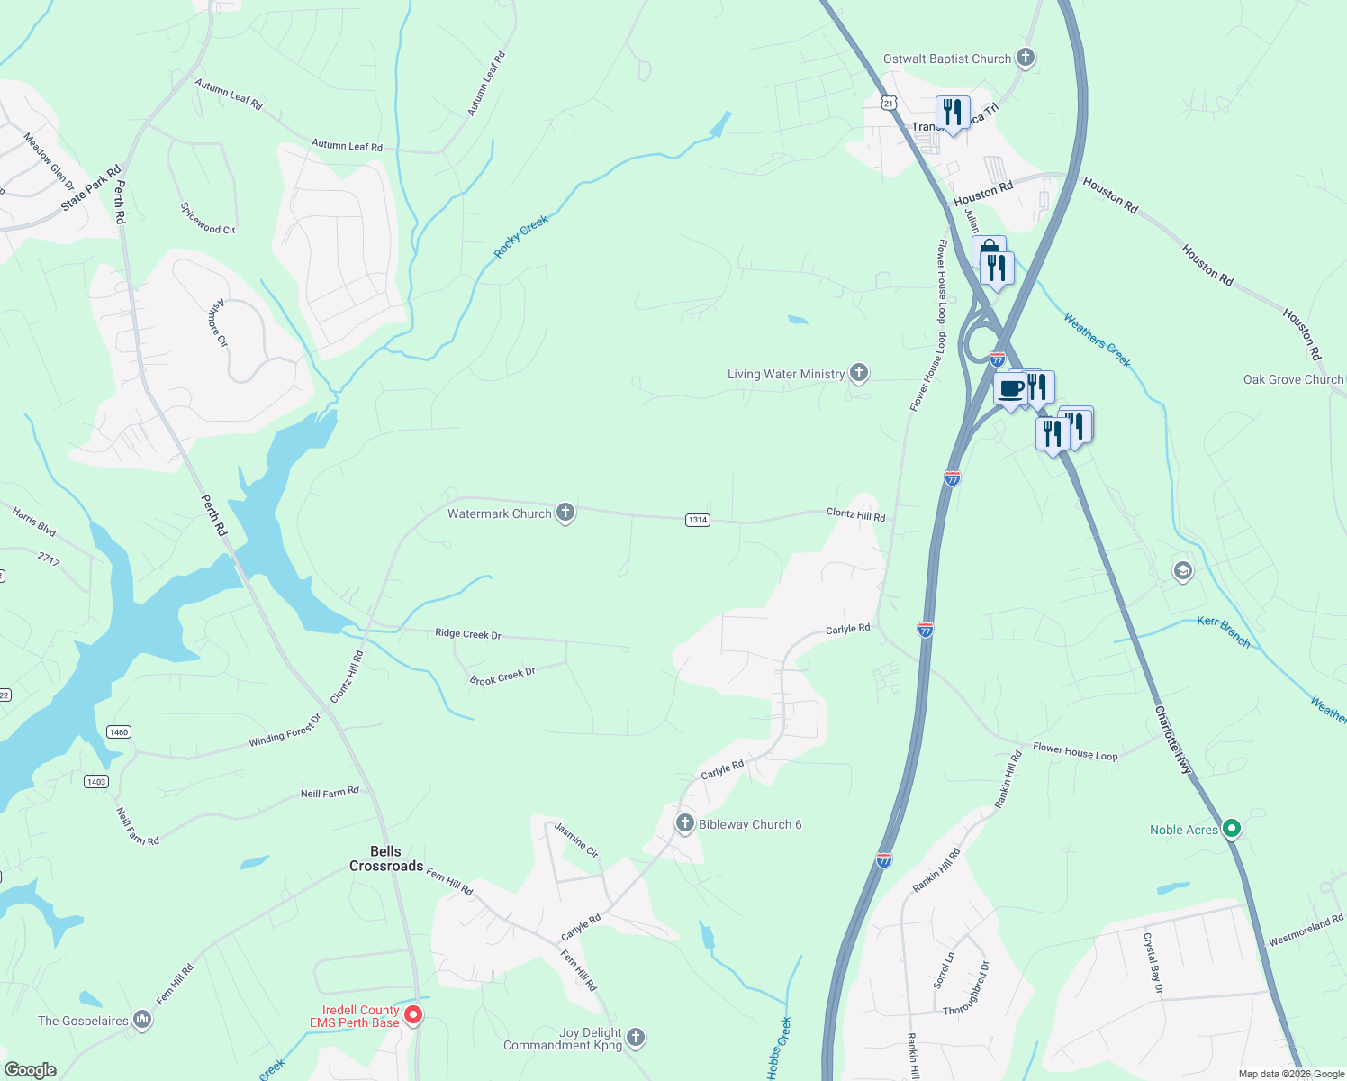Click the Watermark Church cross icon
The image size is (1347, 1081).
[x=565, y=513]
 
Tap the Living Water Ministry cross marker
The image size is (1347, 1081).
[x=859, y=372]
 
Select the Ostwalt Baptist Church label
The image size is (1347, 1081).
[x=947, y=59]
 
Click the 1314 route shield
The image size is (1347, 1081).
[x=698, y=520]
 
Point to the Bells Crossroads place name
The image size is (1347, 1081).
[x=386, y=858]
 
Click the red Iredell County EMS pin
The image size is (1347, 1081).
[x=413, y=1015]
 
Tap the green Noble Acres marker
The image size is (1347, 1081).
[x=1232, y=829]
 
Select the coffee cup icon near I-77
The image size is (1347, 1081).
[x=1011, y=389]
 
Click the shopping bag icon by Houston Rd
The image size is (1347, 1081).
[x=988, y=250]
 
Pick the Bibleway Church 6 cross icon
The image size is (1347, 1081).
[x=685, y=822]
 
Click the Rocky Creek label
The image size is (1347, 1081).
[x=521, y=237]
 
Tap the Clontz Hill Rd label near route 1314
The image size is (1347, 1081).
[x=855, y=514]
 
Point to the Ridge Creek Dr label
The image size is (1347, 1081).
[x=467, y=634]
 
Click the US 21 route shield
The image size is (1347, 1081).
[x=889, y=103]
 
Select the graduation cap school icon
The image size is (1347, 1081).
[x=1182, y=571]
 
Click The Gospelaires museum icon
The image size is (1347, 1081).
[x=142, y=1020]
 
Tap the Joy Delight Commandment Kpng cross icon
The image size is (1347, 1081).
[x=636, y=1038]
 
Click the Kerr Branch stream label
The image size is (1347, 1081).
[x=1224, y=631]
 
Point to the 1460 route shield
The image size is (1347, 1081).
[x=119, y=731]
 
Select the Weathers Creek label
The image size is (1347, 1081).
[x=1097, y=341]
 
